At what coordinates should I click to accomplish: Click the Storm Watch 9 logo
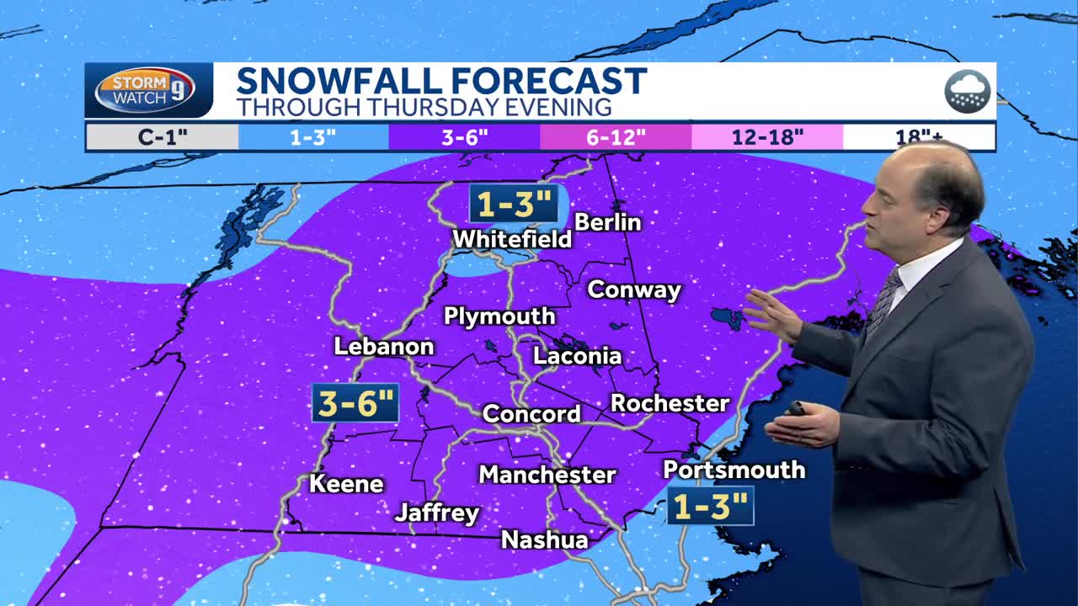pyautogui.click(x=148, y=90)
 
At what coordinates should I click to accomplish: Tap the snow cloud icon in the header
pyautogui.click(x=967, y=91)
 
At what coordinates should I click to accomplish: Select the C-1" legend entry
pyautogui.click(x=162, y=137)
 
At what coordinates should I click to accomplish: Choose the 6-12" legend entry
pyautogui.click(x=616, y=137)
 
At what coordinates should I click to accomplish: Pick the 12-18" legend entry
pyautogui.click(x=767, y=137)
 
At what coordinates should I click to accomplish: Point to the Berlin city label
pyautogui.click(x=607, y=222)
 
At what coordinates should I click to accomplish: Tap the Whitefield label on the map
pyautogui.click(x=512, y=239)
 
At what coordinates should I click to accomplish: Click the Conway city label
pyautogui.click(x=633, y=290)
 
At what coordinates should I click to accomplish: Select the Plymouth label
pyautogui.click(x=499, y=316)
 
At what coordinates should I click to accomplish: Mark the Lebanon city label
pyautogui.click(x=384, y=347)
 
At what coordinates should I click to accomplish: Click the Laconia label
pyautogui.click(x=578, y=356)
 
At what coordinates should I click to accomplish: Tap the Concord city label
pyautogui.click(x=531, y=414)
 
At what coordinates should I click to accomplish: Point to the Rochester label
pyautogui.click(x=670, y=403)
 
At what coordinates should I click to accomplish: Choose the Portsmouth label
pyautogui.click(x=734, y=470)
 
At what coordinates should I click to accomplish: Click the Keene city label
pyautogui.click(x=346, y=484)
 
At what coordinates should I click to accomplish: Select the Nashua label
pyautogui.click(x=544, y=540)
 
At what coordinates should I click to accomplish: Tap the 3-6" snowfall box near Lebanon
pyautogui.click(x=355, y=404)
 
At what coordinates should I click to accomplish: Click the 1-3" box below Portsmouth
pyautogui.click(x=710, y=507)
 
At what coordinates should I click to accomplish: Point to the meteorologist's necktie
pyautogui.click(x=883, y=300)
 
